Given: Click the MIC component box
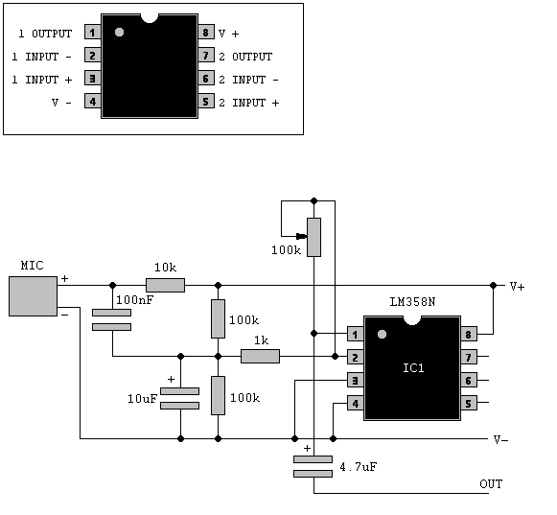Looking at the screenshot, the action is click(x=33, y=296).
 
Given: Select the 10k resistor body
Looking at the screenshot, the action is click(x=166, y=285).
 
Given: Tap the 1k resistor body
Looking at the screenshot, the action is click(x=261, y=356).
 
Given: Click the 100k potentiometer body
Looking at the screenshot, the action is click(x=314, y=237).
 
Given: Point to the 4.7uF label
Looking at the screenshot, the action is click(x=359, y=467).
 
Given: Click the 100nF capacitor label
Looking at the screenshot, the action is click(x=134, y=300).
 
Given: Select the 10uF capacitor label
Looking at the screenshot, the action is click(x=142, y=399).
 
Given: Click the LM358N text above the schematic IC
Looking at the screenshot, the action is click(x=412, y=302).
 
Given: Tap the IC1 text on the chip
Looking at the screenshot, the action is click(x=413, y=368).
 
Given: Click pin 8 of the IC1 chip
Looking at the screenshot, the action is click(x=469, y=335).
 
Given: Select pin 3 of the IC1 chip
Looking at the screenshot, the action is click(x=356, y=381).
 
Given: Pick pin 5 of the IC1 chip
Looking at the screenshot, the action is click(x=469, y=404).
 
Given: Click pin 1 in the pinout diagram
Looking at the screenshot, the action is click(x=93, y=33).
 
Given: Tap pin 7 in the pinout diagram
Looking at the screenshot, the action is click(x=206, y=56).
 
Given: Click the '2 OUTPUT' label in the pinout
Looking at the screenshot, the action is click(x=245, y=57).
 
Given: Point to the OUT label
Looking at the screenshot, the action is click(x=491, y=483).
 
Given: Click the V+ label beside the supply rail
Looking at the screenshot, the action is click(x=517, y=286).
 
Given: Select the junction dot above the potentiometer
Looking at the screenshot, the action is click(x=314, y=201).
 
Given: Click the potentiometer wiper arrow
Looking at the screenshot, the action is click(x=301, y=236).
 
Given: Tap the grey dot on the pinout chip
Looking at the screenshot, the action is click(x=119, y=33).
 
